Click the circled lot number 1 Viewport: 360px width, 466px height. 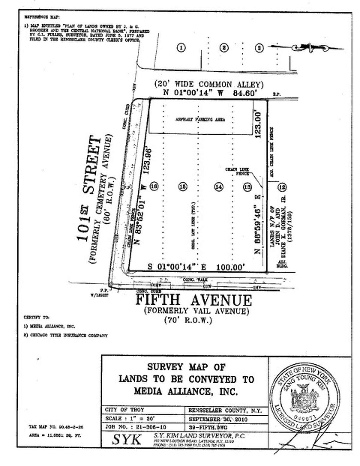pos(181,48)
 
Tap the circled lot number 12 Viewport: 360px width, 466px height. pos(282,187)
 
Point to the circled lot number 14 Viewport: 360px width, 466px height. pos(219,187)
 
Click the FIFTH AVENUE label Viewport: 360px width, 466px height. pos(194,300)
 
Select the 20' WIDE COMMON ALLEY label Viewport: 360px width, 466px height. pos(209,85)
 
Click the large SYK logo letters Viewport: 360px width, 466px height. pos(127,439)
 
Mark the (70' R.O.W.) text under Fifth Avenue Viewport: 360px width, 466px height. pos(188,320)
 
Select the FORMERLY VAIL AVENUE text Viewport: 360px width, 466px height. pos(196,311)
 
